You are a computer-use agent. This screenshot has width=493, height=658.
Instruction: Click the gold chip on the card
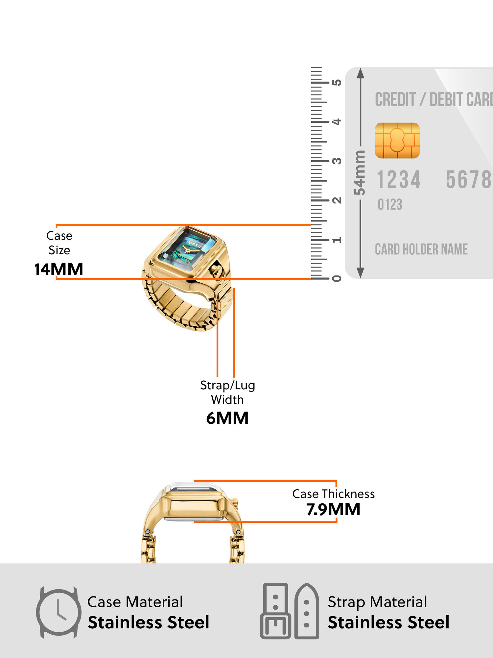(397, 140)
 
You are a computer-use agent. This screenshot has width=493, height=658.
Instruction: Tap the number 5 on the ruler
(337, 82)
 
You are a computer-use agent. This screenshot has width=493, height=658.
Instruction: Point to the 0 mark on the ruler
(337, 279)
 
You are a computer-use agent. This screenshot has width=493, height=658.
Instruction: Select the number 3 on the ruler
(337, 161)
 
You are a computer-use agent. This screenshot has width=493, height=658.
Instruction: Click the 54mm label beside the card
(360, 173)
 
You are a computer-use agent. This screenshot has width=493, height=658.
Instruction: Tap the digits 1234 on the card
(399, 180)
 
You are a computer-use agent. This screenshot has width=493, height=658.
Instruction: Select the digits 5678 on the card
(468, 180)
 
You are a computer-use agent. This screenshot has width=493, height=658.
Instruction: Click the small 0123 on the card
(390, 205)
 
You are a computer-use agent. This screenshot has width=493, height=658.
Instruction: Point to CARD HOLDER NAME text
(421, 249)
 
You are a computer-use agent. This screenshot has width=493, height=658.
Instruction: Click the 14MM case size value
(59, 269)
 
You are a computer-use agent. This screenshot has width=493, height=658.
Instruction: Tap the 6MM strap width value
(227, 418)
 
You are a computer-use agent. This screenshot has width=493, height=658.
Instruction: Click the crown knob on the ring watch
(217, 271)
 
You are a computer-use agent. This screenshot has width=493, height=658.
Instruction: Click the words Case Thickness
(333, 494)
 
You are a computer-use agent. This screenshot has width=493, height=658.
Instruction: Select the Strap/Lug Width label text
(227, 392)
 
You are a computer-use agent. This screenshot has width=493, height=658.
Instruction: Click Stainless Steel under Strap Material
(388, 622)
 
